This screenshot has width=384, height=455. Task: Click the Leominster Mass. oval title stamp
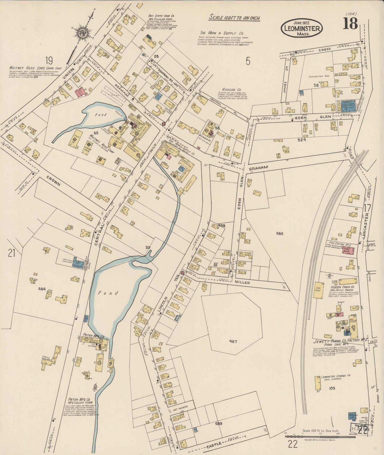coord(302,28)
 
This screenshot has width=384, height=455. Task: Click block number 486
coord(280,234)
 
